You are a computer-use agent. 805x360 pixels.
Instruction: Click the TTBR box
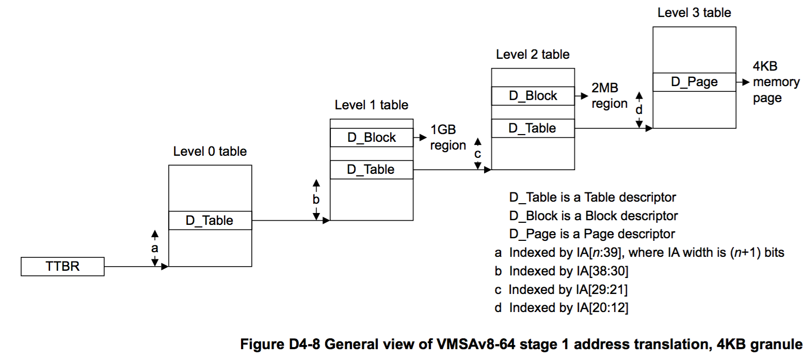coord(62,267)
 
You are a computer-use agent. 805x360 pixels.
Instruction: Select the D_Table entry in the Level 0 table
coord(210,220)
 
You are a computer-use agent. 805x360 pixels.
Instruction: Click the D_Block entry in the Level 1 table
coord(372,138)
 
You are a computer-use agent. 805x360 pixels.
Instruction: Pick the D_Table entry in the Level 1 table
coord(372,169)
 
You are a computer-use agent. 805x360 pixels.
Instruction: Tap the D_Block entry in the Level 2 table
coord(533,96)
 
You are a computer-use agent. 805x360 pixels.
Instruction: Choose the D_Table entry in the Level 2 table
coord(533,128)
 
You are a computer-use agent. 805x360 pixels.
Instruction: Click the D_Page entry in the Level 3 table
coord(694,82)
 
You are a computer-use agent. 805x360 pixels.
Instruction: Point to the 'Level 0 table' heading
coord(210,152)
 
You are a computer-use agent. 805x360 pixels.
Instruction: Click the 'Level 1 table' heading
coord(372,105)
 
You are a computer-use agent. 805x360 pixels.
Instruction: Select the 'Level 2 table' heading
coord(533,54)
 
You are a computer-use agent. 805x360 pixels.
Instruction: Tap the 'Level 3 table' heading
coord(694,12)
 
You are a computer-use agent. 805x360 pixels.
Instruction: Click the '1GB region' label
coord(448,137)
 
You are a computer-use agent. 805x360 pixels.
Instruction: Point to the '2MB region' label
coord(609,96)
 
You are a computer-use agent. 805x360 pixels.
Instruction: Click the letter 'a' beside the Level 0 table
coord(154,248)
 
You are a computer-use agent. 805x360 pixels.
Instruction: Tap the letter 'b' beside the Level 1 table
coord(316,200)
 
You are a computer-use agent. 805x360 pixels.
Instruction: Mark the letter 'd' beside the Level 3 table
coord(639,110)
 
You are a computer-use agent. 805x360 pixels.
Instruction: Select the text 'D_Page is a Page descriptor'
coord(592,234)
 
